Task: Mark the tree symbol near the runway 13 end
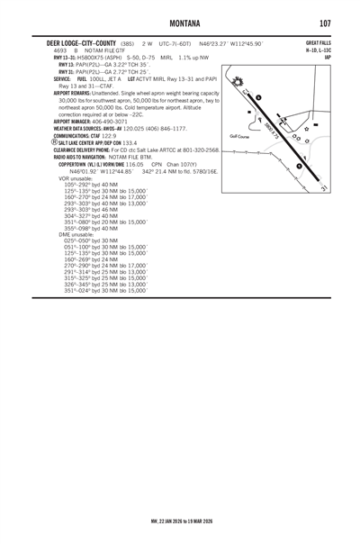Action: (x=240, y=95)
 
